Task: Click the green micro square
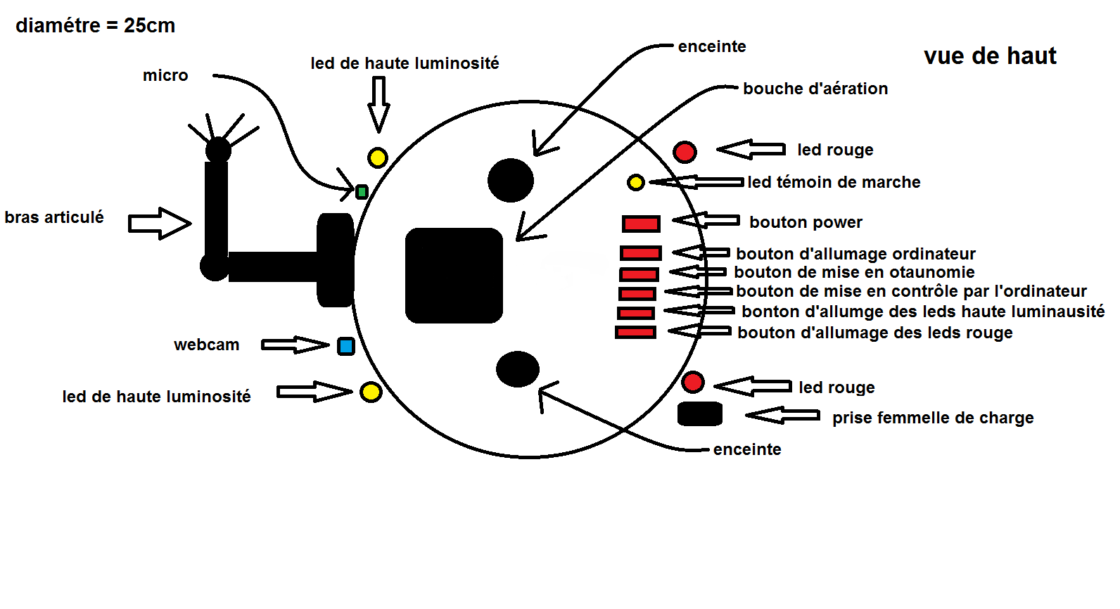(x=362, y=192)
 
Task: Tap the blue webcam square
(x=346, y=346)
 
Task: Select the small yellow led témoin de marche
(x=636, y=183)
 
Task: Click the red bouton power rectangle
(x=641, y=224)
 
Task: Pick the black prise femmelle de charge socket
(x=700, y=414)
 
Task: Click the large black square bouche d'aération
(x=454, y=276)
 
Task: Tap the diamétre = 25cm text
(x=96, y=25)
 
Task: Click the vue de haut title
(x=990, y=56)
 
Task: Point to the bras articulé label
(x=54, y=217)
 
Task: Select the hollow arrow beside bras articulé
(x=160, y=223)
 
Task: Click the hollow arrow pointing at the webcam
(x=295, y=345)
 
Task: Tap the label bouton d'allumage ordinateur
(x=855, y=254)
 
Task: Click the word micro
(x=165, y=75)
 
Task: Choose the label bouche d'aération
(x=815, y=89)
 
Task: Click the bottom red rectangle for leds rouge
(x=635, y=332)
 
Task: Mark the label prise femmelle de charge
(x=933, y=418)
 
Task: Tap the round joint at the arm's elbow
(x=215, y=267)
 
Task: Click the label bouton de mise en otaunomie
(x=854, y=272)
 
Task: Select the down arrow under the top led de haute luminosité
(x=378, y=105)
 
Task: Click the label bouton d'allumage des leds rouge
(x=875, y=333)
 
